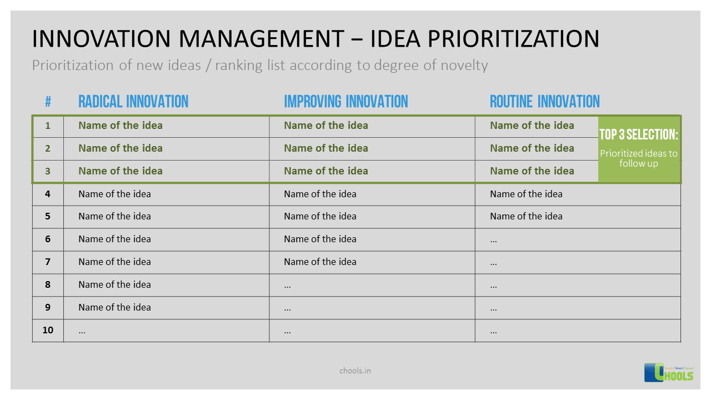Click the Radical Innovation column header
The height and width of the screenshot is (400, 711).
pos(133,102)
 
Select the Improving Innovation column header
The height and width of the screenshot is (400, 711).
pos(346,102)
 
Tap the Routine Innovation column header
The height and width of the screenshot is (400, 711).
pos(544,102)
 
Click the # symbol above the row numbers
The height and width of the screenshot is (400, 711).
pos(48,102)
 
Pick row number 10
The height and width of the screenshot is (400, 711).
pos(48,330)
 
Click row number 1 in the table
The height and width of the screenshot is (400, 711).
pos(48,126)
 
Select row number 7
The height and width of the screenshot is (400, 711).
pos(48,262)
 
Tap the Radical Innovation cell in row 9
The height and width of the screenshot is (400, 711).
pos(114,307)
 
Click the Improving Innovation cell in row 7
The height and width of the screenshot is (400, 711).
pos(320,262)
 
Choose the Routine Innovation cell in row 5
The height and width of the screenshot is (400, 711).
pos(526,216)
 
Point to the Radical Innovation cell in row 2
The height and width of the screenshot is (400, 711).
pos(121,148)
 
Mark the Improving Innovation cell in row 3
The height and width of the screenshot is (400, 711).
pos(326,171)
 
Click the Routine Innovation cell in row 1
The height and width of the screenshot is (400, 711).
pos(532,126)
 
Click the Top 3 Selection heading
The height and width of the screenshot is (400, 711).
pos(639,134)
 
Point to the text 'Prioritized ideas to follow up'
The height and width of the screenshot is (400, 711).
pos(639,158)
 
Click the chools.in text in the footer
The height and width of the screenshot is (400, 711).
pos(355,370)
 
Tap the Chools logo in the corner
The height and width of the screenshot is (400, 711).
pos(669,372)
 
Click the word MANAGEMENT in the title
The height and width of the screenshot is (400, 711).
pos(262,39)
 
